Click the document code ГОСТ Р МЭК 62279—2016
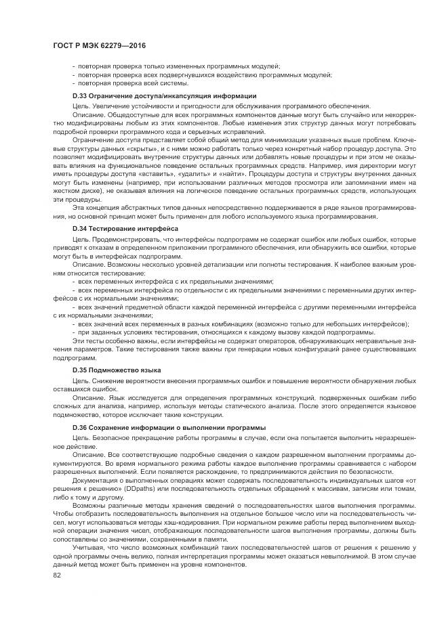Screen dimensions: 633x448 [99, 45]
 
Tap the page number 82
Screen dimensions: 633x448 [57, 575]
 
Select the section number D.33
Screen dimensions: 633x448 [81, 96]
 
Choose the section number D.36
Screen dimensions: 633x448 [81, 428]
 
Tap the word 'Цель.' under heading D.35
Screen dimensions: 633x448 [81, 380]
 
